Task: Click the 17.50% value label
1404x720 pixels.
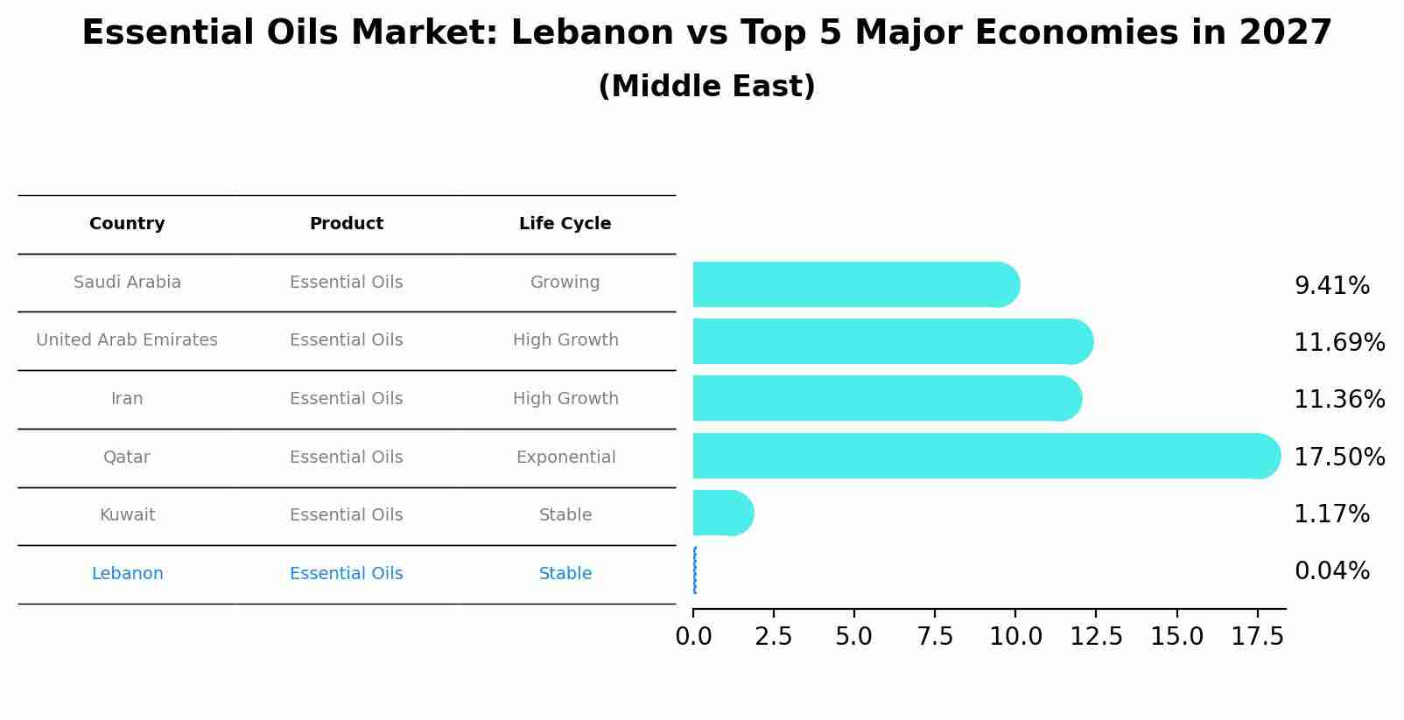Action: pos(1339,457)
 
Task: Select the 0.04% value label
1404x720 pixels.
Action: pos(1331,571)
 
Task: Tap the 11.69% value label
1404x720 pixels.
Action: pos(1339,342)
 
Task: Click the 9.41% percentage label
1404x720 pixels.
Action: pos(1331,286)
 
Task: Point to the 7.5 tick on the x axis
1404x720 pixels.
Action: pos(935,637)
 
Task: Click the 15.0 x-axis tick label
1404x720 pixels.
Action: pos(1176,637)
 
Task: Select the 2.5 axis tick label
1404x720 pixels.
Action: pos(774,637)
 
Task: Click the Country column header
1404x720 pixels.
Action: pos(127,224)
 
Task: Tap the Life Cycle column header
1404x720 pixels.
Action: pos(565,224)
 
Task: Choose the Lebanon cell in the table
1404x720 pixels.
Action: pos(127,574)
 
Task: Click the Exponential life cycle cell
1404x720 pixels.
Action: pos(565,458)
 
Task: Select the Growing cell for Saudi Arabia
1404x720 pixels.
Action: pos(565,283)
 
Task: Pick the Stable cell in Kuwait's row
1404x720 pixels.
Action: pos(565,515)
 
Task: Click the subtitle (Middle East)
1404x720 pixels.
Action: pos(706,87)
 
